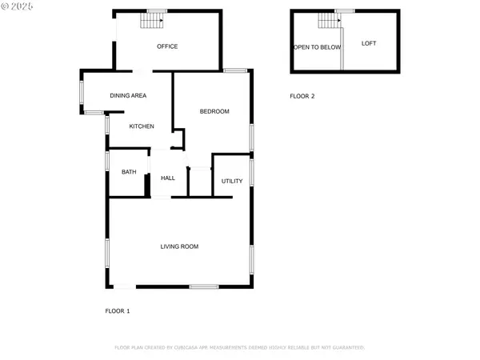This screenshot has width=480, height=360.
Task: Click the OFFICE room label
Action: [167, 46]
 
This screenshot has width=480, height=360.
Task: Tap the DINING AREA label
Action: [128, 96]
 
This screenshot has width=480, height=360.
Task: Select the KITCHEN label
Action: [142, 126]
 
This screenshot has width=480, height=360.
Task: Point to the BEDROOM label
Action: [214, 111]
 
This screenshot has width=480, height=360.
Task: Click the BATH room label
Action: [129, 172]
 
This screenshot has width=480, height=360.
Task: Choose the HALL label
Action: [168, 178]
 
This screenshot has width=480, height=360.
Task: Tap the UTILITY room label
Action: [232, 182]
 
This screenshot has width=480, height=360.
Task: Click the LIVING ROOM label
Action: [179, 246]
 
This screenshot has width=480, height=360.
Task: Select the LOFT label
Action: [369, 43]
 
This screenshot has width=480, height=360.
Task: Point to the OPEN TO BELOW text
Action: [317, 47]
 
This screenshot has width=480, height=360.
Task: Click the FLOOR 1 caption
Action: [118, 310]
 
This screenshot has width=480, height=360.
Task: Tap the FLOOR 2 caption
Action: [302, 96]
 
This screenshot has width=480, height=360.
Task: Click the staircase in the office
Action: [153, 20]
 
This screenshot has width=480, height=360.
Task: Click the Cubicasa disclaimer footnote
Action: [240, 348]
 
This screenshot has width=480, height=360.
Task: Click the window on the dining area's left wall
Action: [81, 90]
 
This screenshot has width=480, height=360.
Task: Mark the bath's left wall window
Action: [107, 160]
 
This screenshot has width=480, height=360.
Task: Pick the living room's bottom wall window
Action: [204, 286]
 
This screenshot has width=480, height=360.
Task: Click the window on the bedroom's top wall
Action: [234, 71]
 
